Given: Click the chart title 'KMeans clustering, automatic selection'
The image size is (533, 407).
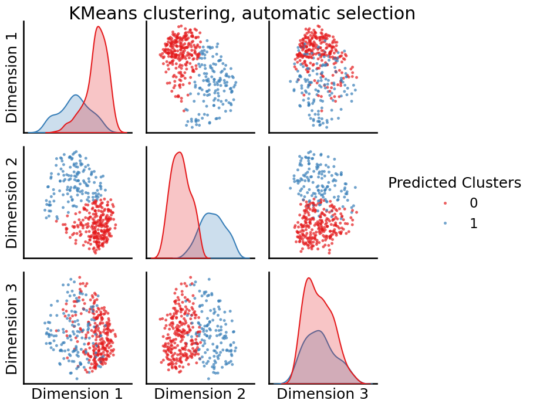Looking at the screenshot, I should pos(242,13).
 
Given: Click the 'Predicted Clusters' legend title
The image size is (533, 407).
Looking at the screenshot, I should pos(454,183).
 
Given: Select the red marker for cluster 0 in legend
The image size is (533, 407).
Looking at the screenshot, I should pos(445,203).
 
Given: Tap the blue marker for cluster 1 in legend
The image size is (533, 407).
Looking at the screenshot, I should pos(445,223).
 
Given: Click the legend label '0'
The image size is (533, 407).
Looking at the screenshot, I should pos(474,203).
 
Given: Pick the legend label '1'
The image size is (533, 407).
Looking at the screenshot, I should pos(474,223).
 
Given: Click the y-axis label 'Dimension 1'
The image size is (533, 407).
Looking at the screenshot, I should pos(12,77).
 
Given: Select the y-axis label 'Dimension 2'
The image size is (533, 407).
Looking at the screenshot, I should pos(12,202).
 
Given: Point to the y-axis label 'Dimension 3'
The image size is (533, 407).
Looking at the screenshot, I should pos(12,328).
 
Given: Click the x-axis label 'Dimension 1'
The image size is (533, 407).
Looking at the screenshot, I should pos(77,394).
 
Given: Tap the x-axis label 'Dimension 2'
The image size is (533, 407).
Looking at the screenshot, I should pos(200,394).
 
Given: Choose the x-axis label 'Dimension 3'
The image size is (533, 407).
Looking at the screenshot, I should pos(322,394).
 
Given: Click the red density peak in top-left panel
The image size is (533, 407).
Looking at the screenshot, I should pos(98,27).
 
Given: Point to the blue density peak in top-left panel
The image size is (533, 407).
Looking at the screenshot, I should pos(75,95).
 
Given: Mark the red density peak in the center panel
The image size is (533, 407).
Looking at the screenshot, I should pos(179,153).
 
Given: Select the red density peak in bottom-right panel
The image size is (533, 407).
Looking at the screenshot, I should pos(308,278).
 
